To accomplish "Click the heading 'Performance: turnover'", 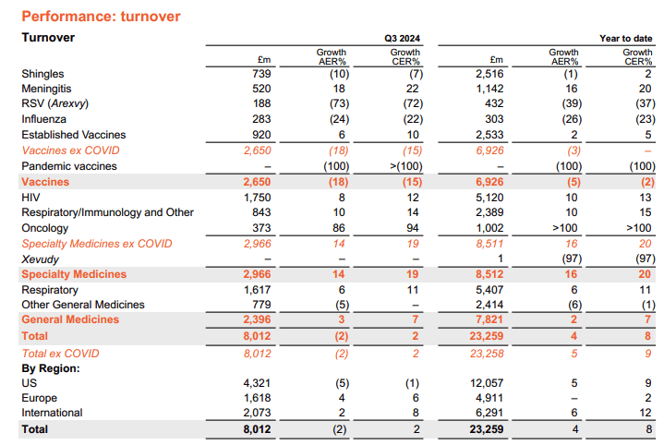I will [101, 16].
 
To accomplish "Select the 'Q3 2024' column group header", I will [402, 38].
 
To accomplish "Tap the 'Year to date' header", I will [625, 38].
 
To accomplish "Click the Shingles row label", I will [43, 73].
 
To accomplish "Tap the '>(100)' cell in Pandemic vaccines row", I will [404, 166].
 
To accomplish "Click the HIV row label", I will [31, 197].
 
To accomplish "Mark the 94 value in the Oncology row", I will [412, 228].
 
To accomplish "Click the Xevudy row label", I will [39, 259].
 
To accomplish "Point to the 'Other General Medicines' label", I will [82, 305].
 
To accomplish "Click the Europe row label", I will [40, 398].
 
